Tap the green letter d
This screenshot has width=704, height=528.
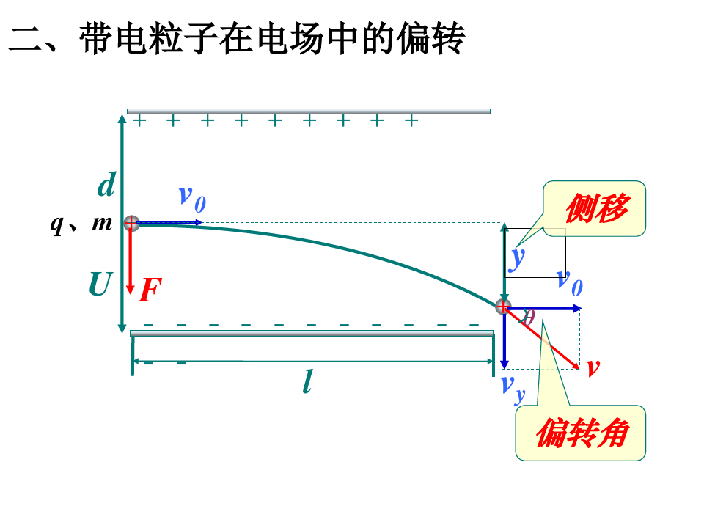(x=106, y=186)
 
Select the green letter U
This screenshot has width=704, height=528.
(x=100, y=285)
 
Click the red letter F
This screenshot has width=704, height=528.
(x=150, y=291)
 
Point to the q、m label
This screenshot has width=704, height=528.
(x=81, y=223)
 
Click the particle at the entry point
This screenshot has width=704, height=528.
(x=131, y=223)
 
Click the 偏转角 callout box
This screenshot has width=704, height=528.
(x=581, y=433)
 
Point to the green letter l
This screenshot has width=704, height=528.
(x=307, y=381)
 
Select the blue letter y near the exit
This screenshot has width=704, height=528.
(x=518, y=257)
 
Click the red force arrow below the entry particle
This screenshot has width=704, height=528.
(x=131, y=260)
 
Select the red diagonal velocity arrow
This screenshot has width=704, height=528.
(x=543, y=338)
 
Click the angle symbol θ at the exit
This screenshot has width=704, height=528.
(x=527, y=317)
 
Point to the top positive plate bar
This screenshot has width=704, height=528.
(x=309, y=111)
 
